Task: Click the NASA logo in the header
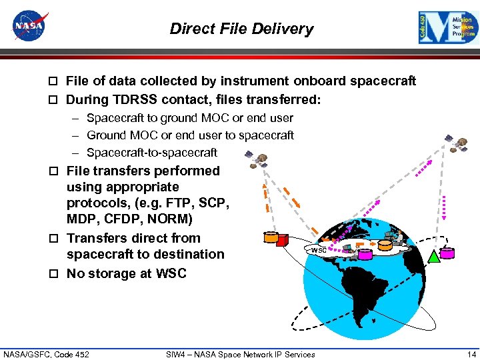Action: pos(31,27)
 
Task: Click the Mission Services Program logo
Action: pos(448,28)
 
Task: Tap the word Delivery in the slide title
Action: pos(286,29)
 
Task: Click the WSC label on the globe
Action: pos(319,250)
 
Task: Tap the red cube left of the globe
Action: pos(282,239)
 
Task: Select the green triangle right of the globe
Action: pos(434,255)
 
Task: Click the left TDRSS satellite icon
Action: pos(256,159)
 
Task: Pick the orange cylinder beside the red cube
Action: pos(270,237)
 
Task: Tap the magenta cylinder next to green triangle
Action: pos(447,253)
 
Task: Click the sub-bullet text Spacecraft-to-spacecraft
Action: pos(151,153)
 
